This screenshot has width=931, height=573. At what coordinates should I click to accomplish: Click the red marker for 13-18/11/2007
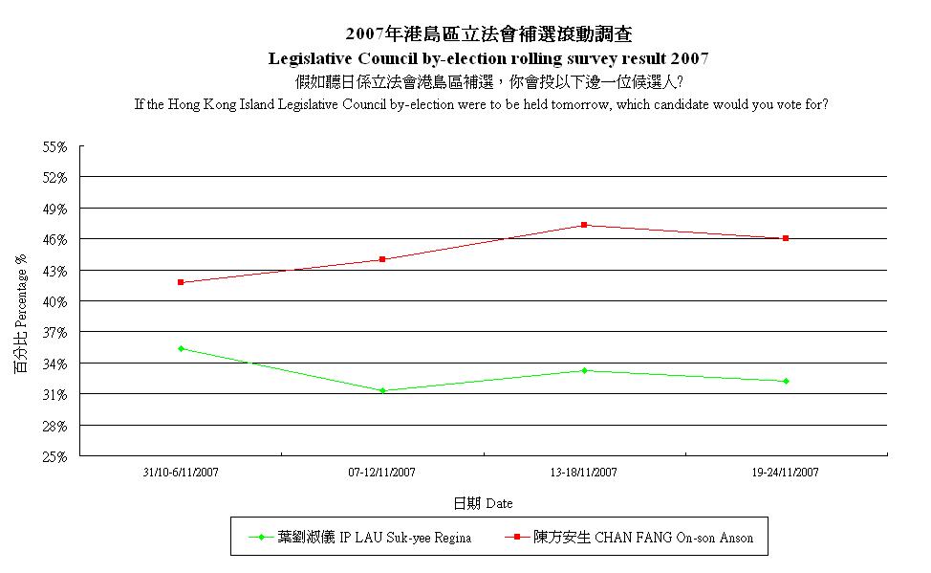[x=584, y=225]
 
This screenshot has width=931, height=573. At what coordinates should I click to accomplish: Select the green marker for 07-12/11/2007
[x=382, y=390]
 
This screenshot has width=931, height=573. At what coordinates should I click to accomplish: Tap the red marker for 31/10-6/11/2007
[x=181, y=282]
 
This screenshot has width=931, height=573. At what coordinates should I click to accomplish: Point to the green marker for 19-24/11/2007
[x=786, y=381]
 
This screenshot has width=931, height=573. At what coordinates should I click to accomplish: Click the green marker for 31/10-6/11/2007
[x=181, y=348]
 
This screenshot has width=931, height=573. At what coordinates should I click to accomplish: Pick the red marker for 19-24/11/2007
[x=786, y=238]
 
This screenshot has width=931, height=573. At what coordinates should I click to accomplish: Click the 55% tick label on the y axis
[x=54, y=147]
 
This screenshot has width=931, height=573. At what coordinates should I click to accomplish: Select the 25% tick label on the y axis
[x=54, y=456]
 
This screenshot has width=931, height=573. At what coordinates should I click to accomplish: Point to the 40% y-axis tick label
[x=54, y=301]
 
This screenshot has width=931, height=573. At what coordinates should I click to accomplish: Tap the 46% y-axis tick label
[x=54, y=239]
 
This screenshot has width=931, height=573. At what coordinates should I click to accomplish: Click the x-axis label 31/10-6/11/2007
[x=181, y=473]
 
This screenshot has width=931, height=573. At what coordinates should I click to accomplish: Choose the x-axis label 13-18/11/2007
[x=584, y=473]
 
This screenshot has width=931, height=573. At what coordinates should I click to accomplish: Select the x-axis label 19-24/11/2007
[x=786, y=473]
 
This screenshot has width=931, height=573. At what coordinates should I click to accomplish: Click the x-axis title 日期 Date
[x=483, y=503]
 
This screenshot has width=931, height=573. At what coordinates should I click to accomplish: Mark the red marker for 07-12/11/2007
[x=382, y=259]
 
